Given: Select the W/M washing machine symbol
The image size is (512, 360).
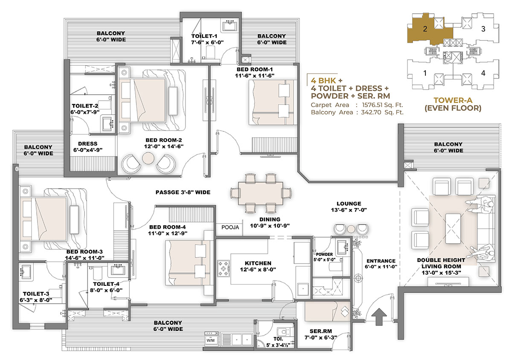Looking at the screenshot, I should click(x=210, y=340).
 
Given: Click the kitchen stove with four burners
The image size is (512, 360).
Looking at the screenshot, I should click(x=224, y=268).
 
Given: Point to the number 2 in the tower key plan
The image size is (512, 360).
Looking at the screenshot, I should click(x=425, y=29).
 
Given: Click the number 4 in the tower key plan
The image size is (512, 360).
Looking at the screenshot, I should click(x=483, y=73).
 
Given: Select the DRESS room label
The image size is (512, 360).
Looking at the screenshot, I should click(x=88, y=144).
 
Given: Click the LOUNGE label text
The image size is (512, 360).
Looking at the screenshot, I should click(x=349, y=203).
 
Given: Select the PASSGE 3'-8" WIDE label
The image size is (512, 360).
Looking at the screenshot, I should click(x=183, y=192).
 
